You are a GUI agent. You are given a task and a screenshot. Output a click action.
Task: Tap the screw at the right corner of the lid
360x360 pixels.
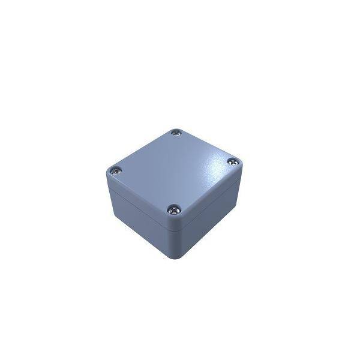[233, 161]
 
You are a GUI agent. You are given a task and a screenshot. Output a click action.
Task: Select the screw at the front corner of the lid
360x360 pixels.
[174, 209]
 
